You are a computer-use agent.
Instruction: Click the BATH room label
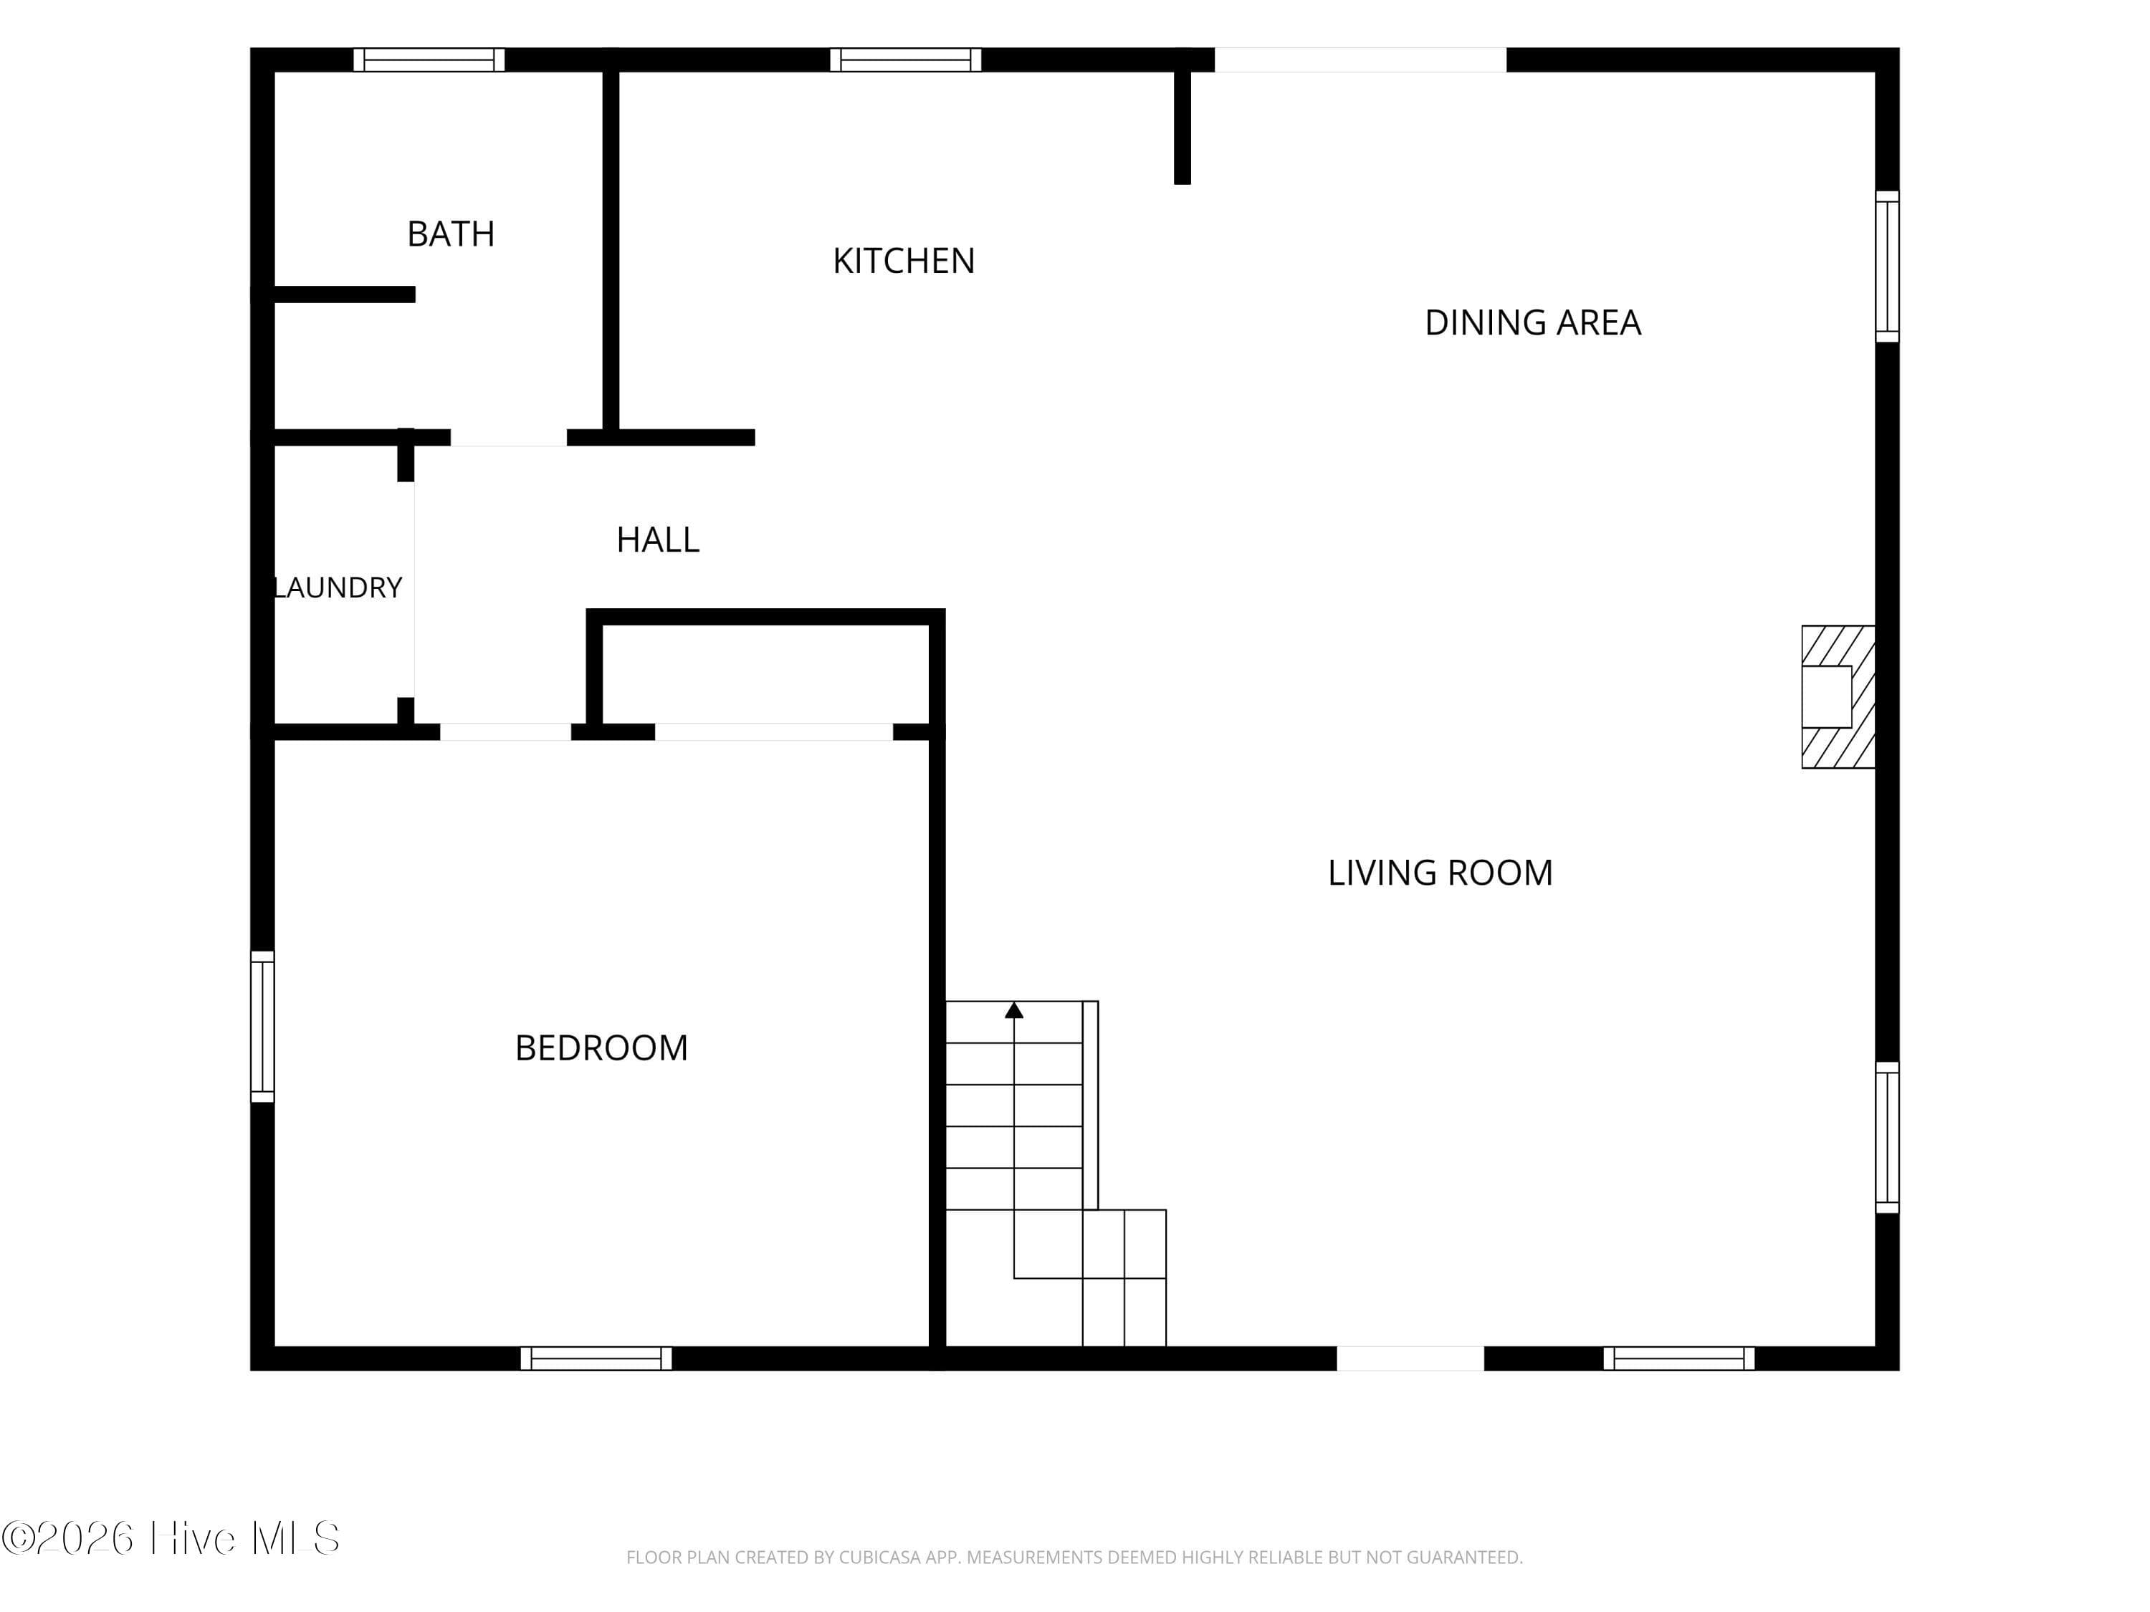click(x=451, y=234)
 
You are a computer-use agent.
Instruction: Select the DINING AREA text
click(x=1533, y=322)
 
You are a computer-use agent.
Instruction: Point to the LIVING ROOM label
click(x=1440, y=873)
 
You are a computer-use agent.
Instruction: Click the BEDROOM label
click(x=602, y=1048)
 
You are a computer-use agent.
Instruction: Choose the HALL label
click(x=658, y=540)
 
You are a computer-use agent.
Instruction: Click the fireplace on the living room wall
click(x=1838, y=696)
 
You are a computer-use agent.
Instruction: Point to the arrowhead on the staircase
click(x=1014, y=1009)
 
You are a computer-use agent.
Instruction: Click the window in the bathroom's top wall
click(x=429, y=60)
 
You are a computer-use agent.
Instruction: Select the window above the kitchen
click(x=906, y=60)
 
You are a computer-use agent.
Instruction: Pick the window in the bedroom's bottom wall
click(x=596, y=1358)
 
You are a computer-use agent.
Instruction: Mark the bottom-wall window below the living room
click(x=1678, y=1358)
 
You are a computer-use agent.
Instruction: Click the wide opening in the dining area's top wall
click(x=1361, y=60)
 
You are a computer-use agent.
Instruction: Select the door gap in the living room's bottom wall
click(x=1410, y=1358)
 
